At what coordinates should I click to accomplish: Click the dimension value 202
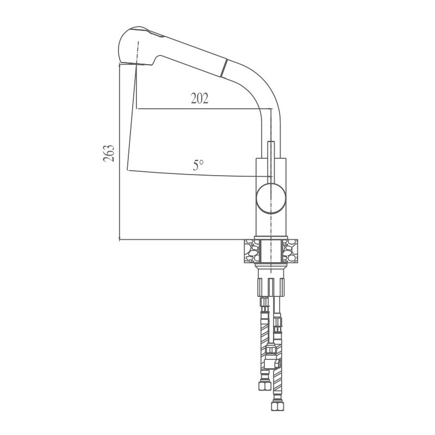pyautogui.click(x=200, y=98)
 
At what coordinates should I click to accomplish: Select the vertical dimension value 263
pyautogui.click(x=108, y=153)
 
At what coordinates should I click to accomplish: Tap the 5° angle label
pyautogui.click(x=198, y=165)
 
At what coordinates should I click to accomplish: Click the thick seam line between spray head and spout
pyautogui.click(x=223, y=68)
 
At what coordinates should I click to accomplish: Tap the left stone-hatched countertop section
pyautogui.click(x=252, y=251)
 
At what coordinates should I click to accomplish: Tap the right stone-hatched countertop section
pyautogui.click(x=290, y=251)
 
